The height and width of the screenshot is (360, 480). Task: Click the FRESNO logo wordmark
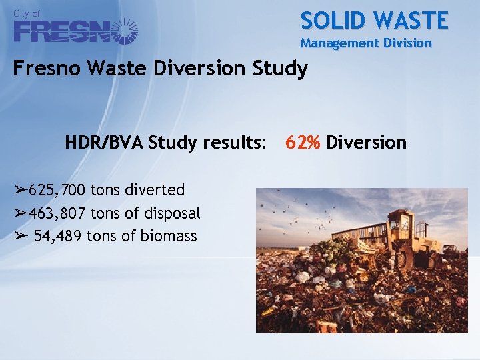point(64,31)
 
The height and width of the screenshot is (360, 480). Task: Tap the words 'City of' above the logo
point(27,13)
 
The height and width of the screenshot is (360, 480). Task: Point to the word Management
point(337,44)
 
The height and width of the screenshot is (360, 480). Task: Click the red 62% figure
point(303,143)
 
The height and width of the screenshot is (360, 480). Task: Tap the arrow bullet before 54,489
point(19,236)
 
